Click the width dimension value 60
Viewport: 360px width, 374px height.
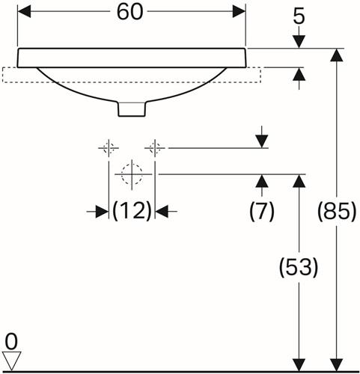pyautogui.click(x=130, y=12)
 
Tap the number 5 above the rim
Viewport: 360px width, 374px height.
pyautogui.click(x=299, y=17)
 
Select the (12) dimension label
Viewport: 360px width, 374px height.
pyautogui.click(x=132, y=211)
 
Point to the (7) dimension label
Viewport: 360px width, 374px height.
pyautogui.click(x=262, y=212)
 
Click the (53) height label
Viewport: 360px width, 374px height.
pyautogui.click(x=299, y=267)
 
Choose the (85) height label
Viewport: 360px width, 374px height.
pyautogui.click(x=337, y=212)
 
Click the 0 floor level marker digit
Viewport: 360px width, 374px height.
pyautogui.click(x=11, y=342)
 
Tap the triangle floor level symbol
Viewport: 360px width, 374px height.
pyautogui.click(x=12, y=361)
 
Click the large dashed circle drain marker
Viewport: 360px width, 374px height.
pyautogui.click(x=132, y=174)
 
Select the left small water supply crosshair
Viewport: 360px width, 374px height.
pyautogui.click(x=109, y=148)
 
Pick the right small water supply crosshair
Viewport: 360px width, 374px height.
pyautogui.click(x=155, y=148)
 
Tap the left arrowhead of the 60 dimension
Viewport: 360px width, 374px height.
pyautogui.click(x=24, y=12)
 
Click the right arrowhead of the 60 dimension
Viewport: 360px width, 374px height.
pyautogui.click(x=239, y=12)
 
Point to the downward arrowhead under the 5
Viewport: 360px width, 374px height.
pyautogui.click(x=299, y=42)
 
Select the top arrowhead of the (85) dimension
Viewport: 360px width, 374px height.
pyautogui.click(x=337, y=55)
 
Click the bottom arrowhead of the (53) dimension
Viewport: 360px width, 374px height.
pyautogui.click(x=299, y=365)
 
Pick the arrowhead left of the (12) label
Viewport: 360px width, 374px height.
pyautogui.click(x=103, y=212)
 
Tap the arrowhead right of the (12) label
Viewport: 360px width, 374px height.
pyautogui.click(x=162, y=212)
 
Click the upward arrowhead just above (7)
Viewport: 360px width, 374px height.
pyautogui.click(x=262, y=181)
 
